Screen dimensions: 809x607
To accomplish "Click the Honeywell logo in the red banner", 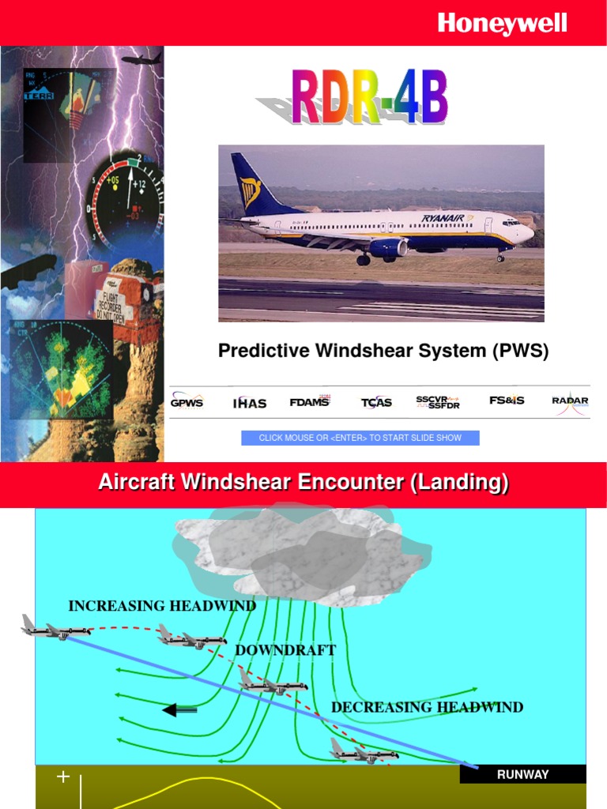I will pos(503,24).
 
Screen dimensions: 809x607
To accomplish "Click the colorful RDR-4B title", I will pos(370,98).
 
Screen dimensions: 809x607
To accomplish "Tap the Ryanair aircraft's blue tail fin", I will pos(251,185).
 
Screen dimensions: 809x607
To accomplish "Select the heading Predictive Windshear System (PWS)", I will pos(383,352).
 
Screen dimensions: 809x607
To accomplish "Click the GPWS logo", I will pos(187,402).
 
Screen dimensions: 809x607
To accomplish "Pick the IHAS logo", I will pos(250,403).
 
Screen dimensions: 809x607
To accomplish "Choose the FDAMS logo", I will pos(311,401).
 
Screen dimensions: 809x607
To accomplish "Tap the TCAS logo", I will pos(376,402).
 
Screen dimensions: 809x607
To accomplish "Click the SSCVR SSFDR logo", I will pos(438,402).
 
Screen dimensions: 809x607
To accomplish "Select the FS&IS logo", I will pos(507,401).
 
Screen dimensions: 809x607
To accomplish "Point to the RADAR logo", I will pos(570,401).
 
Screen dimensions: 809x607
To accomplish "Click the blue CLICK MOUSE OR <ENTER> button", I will pos(360,438).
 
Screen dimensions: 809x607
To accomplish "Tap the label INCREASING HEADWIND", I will pos(162,606).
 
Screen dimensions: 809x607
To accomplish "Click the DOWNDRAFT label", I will pos(285,650).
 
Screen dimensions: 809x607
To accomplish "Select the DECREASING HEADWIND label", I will pos(427,707).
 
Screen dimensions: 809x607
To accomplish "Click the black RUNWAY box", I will pos(522,774).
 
